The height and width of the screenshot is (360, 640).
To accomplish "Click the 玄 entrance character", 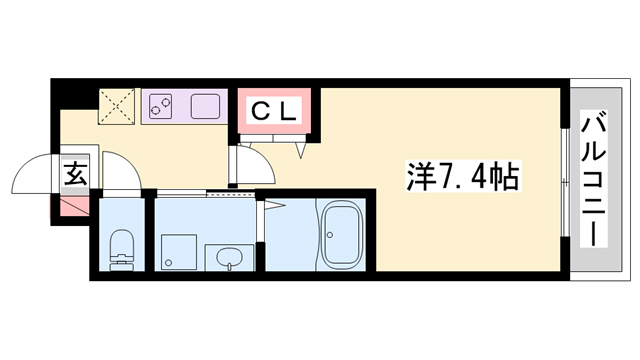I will click(76, 174).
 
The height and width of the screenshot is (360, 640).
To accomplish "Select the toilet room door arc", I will click(121, 177).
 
